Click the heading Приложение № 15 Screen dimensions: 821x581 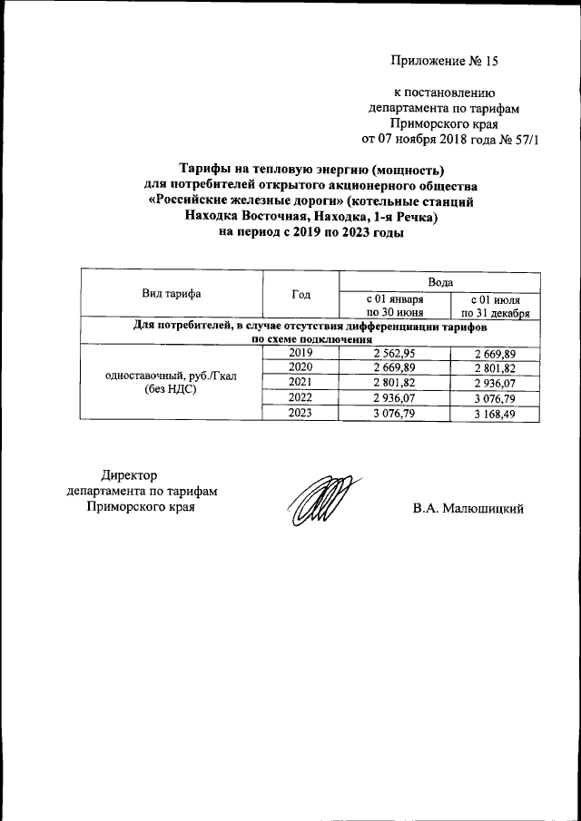click(445, 62)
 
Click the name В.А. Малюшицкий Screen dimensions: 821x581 click(468, 509)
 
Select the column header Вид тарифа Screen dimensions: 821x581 click(171, 293)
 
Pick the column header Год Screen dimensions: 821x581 click(300, 293)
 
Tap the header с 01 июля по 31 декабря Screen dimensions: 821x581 click(495, 304)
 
